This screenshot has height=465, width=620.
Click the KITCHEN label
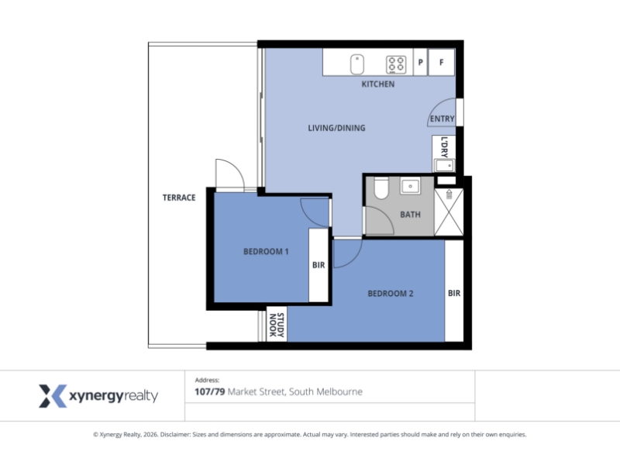click(x=378, y=84)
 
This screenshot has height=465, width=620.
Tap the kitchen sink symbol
click(x=357, y=64)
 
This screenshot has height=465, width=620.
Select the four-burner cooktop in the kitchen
click(x=396, y=65)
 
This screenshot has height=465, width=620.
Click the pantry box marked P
click(x=420, y=62)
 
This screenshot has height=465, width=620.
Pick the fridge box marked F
click(x=441, y=62)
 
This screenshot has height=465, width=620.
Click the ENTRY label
click(x=442, y=119)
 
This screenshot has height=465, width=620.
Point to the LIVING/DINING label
click(x=336, y=128)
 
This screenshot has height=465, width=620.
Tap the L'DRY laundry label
click(x=444, y=147)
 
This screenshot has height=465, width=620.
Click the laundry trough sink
click(x=444, y=166)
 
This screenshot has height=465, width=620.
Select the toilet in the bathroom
click(x=381, y=188)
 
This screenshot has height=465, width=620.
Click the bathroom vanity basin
click(x=411, y=186)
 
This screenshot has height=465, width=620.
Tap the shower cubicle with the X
click(x=449, y=212)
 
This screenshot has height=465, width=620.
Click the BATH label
click(x=410, y=215)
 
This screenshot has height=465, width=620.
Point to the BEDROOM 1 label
click(x=266, y=251)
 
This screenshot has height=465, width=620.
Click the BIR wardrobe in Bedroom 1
click(x=319, y=265)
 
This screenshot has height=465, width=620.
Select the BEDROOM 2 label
click(x=391, y=294)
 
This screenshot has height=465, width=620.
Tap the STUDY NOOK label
click(x=277, y=325)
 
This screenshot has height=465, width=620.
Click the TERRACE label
click(x=179, y=198)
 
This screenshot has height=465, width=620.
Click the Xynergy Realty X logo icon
click(x=53, y=396)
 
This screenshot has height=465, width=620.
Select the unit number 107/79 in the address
click(x=209, y=392)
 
